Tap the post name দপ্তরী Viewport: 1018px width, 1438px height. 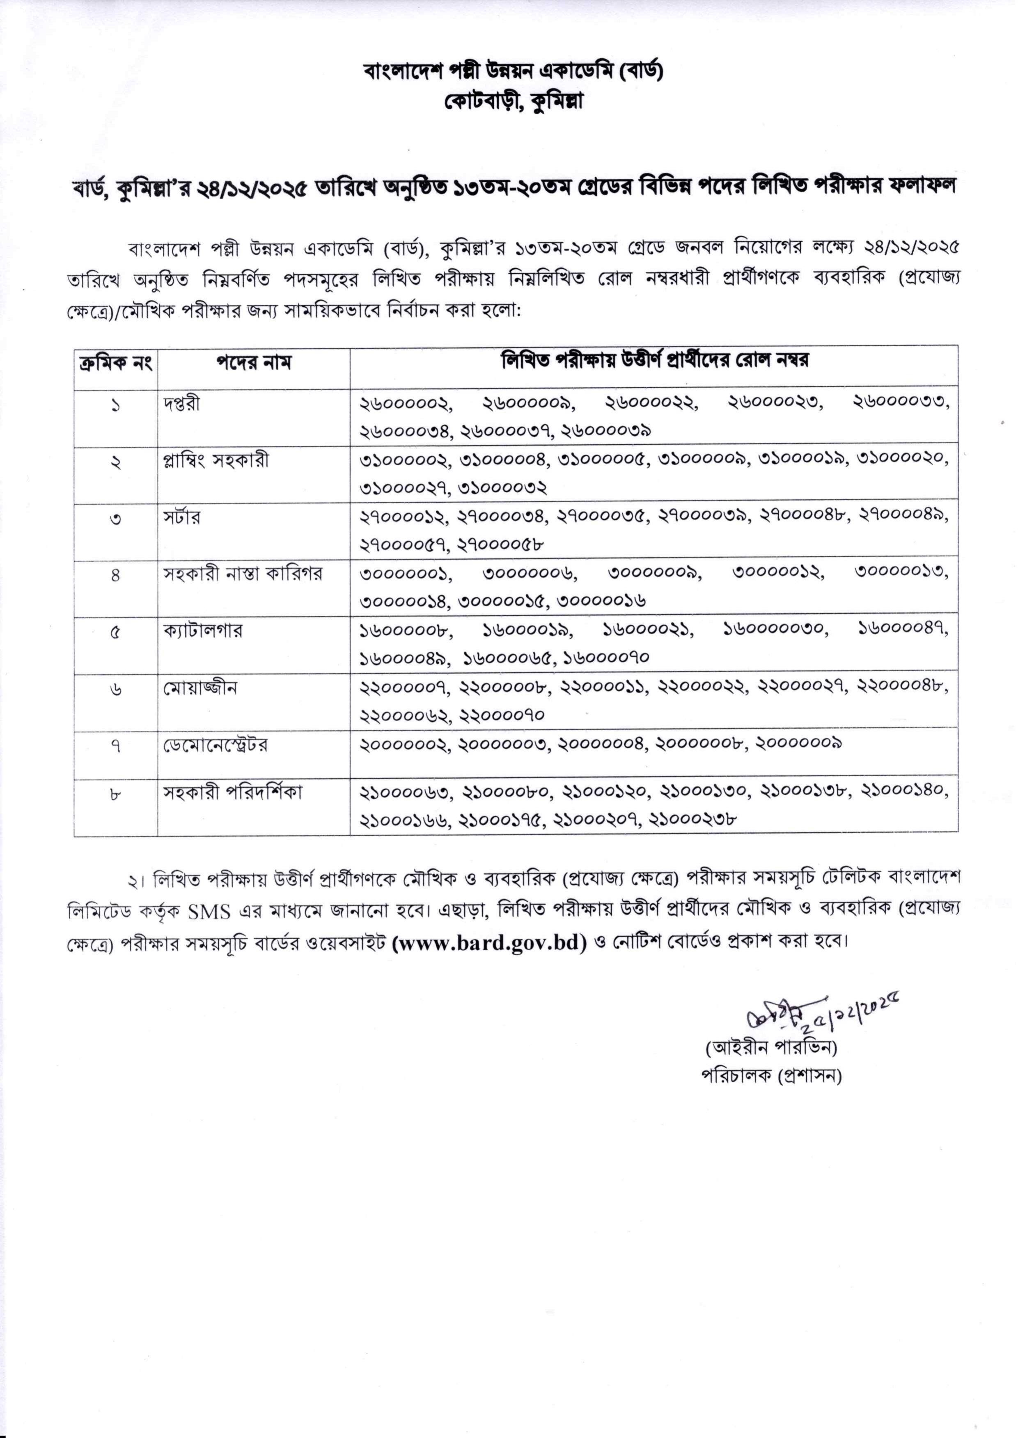(182, 404)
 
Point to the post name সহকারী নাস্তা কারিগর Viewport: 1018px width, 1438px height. (243, 574)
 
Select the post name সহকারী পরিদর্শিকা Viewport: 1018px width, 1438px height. (233, 793)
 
